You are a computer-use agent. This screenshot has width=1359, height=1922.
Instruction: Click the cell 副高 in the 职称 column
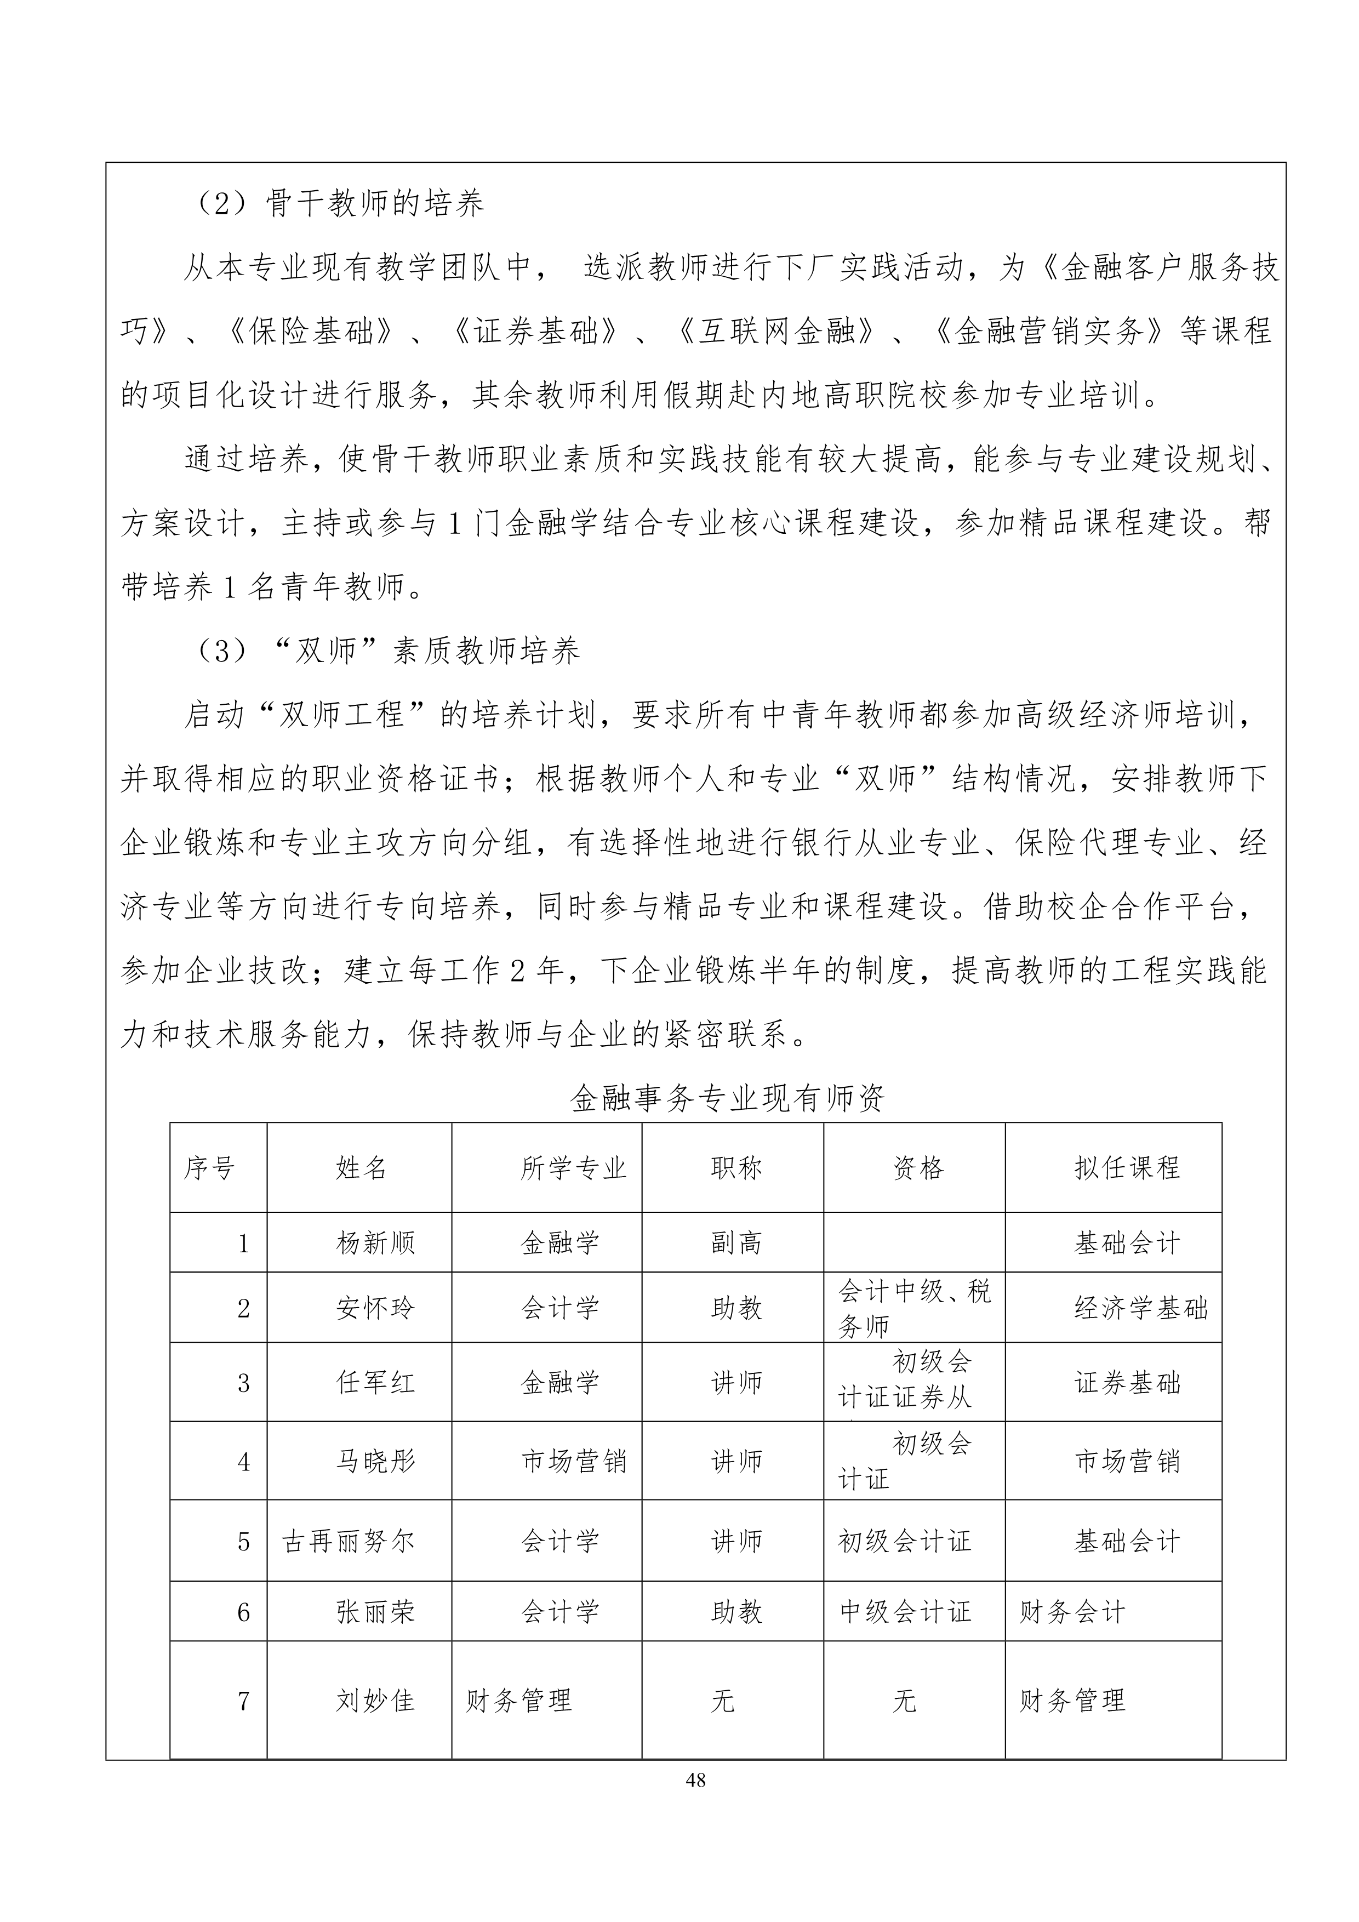point(736,1243)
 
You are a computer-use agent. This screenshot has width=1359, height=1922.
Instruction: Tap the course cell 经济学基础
point(1140,1308)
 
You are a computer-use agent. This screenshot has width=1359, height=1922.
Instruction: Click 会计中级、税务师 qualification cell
point(914,1308)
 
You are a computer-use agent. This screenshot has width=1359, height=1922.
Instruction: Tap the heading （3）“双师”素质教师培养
point(385,651)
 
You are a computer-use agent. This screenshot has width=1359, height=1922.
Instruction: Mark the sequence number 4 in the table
point(243,1462)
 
